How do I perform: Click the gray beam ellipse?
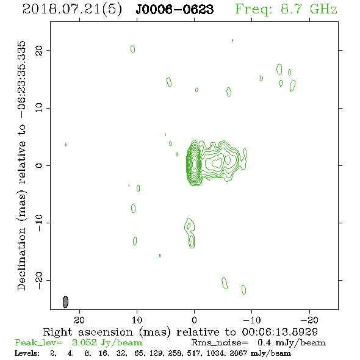(x=65, y=302)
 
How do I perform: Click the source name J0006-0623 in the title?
(x=175, y=10)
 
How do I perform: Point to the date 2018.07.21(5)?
(x=72, y=10)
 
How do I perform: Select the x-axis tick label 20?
(x=79, y=320)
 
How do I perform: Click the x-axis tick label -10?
(x=252, y=320)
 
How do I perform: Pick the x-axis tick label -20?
(x=309, y=320)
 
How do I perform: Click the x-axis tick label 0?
(x=194, y=320)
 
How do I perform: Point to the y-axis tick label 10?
(x=39, y=108)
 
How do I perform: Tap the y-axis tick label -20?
(x=39, y=281)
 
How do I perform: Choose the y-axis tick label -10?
(x=39, y=223)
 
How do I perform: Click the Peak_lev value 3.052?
(x=84, y=342)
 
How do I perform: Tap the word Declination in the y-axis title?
(x=21, y=259)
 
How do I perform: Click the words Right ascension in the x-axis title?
(x=88, y=332)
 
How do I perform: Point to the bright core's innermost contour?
(x=195, y=164)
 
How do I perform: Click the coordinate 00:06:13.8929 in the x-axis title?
(x=280, y=332)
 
